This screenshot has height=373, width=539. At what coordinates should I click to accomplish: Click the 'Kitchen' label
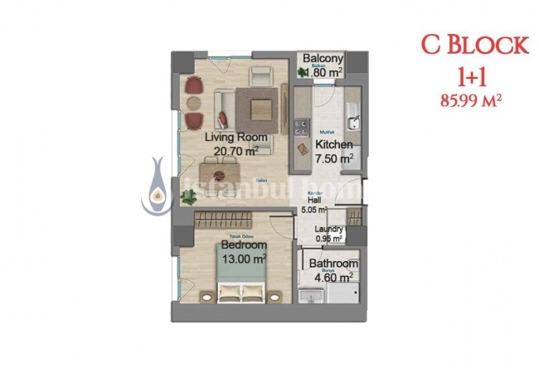pos(334,144)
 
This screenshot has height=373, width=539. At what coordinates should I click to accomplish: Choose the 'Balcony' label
pos(323,59)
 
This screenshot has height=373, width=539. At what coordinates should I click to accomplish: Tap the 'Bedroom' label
pos(243,246)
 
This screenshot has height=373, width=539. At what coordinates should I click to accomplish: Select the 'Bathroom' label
pos(333,264)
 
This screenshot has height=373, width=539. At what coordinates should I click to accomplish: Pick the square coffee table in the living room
pos(256,106)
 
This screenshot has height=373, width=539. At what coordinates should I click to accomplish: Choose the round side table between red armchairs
pos(193,103)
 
